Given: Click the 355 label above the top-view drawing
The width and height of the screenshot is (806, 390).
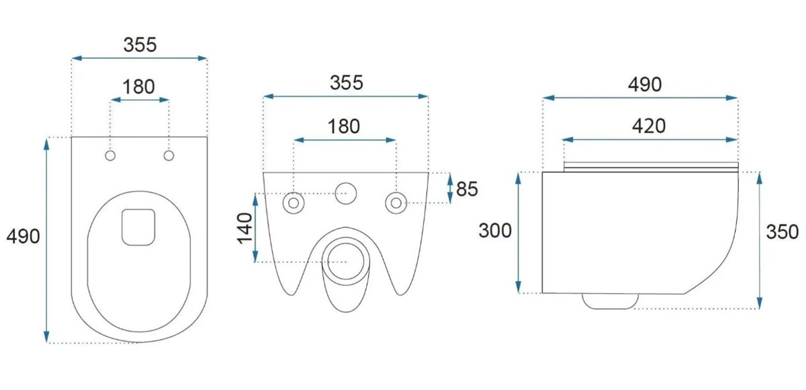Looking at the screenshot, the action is pos(140,45).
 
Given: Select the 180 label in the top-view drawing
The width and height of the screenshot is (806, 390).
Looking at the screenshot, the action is pos(139,87).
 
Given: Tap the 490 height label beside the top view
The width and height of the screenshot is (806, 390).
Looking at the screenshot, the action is pos(24,237).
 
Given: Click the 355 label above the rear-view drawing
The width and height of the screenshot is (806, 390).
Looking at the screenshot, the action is pos(347,83).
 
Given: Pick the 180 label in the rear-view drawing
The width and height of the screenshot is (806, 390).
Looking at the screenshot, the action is pos(344,126).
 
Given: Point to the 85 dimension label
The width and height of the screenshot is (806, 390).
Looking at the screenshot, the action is pos(467,189).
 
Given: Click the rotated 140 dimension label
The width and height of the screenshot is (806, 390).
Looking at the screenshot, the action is pos(245,229).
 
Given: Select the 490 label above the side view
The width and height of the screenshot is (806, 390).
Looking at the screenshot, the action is pos(645,85).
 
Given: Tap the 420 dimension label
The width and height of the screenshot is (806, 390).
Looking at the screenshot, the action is pos(649,126).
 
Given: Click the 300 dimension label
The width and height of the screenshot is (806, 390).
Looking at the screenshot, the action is pos(495,231).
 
